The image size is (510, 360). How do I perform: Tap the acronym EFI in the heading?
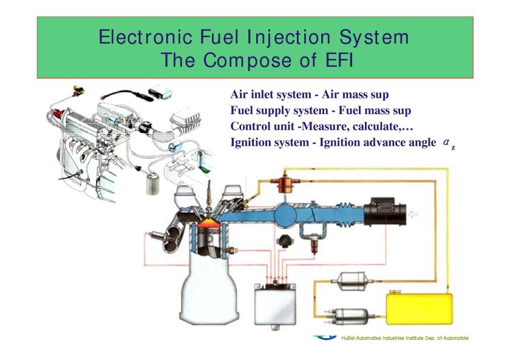[336, 61]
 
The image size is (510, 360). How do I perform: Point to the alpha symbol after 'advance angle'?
[446, 142]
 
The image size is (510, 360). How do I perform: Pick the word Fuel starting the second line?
[242, 111]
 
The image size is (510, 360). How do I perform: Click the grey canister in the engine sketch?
[151, 182]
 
